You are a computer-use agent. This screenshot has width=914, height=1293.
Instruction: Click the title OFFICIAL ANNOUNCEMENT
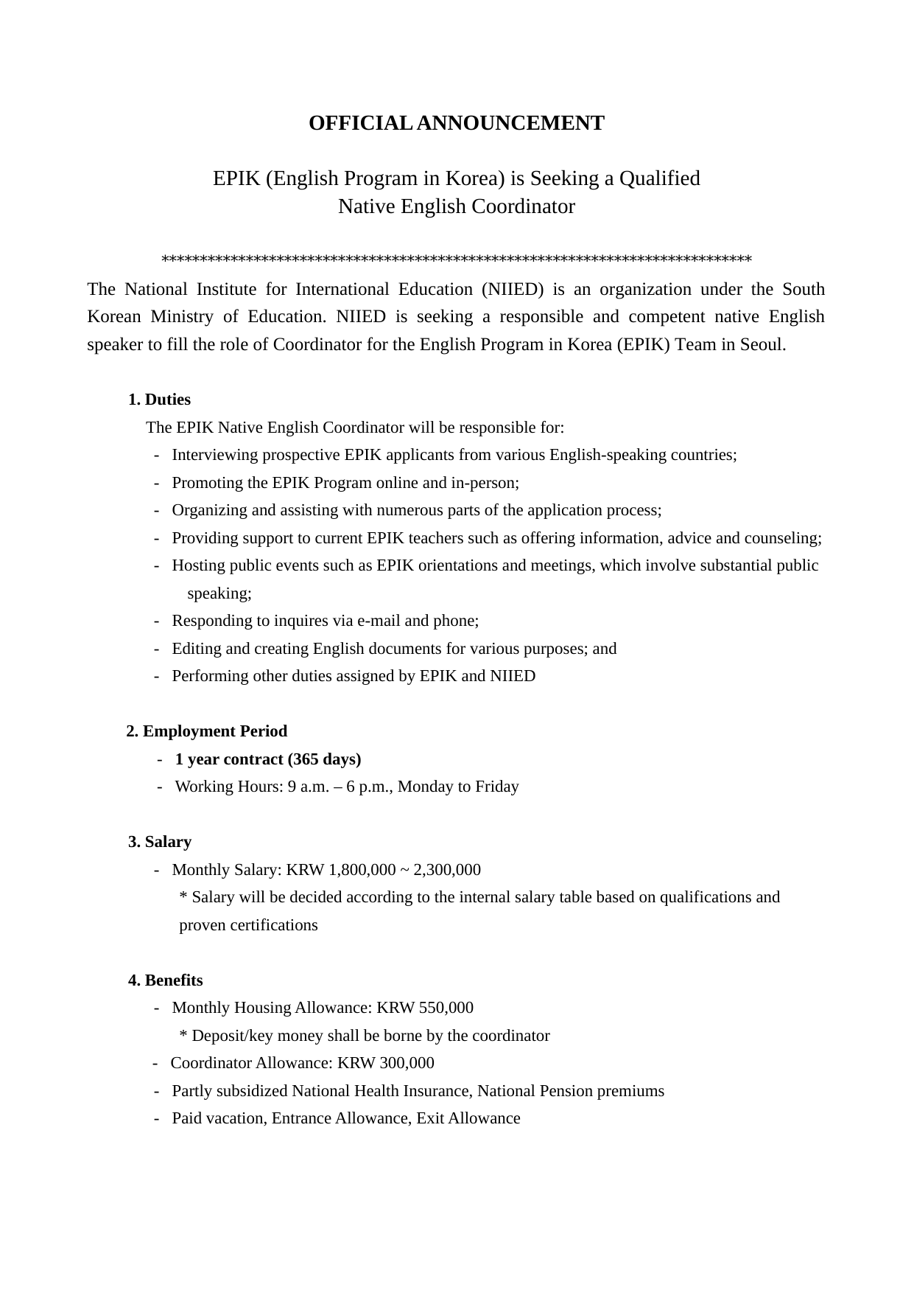(x=456, y=123)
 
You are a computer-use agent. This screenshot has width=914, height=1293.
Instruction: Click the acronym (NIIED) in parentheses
(x=512, y=289)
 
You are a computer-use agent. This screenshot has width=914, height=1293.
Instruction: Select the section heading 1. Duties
(x=159, y=400)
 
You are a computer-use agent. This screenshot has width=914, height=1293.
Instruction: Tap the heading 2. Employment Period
(x=206, y=731)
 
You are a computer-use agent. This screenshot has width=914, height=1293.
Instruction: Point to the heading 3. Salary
(x=160, y=842)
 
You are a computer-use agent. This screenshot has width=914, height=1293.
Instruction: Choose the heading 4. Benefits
(x=166, y=980)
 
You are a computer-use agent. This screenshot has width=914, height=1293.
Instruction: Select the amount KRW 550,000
(x=425, y=1008)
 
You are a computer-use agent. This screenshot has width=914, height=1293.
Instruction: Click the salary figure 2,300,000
(x=447, y=870)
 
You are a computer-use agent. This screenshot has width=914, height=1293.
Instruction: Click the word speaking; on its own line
(x=219, y=593)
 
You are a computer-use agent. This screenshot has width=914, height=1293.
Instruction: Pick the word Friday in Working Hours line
(x=496, y=787)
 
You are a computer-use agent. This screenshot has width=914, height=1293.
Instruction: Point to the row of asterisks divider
(x=456, y=260)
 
